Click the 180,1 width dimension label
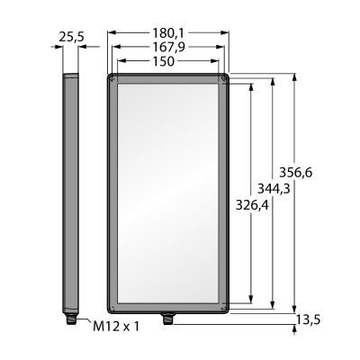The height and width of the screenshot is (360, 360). pos(168,33)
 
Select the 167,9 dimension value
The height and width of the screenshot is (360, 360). pos(168,47)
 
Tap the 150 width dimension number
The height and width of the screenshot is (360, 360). pos(164,61)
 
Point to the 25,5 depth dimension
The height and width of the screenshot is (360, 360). pos(71,37)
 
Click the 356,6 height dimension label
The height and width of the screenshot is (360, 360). pos(296,173)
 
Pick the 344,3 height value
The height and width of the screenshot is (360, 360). pos(274,189)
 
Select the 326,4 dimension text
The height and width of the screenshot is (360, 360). pos(252,205)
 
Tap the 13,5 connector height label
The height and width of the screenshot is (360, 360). pos(308,320)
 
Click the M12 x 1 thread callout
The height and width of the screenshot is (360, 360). pos(116,327)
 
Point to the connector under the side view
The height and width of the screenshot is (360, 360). pos(71,319)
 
